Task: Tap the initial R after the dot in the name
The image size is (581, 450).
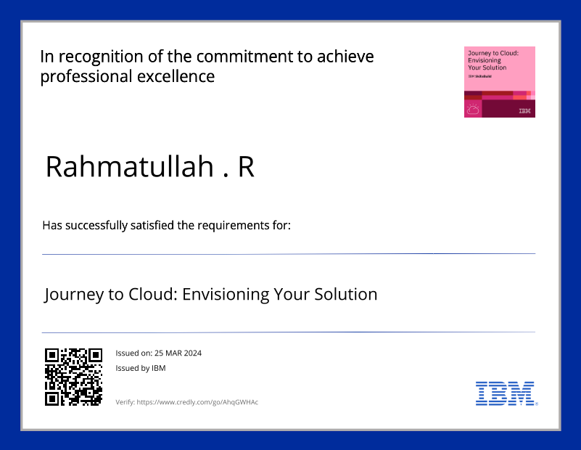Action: click(x=246, y=167)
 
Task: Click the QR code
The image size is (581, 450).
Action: click(x=73, y=376)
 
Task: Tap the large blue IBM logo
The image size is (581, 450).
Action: click(x=505, y=393)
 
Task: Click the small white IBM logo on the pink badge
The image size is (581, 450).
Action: click(x=525, y=111)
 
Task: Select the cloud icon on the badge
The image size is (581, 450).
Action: click(x=473, y=110)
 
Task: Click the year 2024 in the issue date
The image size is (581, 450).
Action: click(x=192, y=353)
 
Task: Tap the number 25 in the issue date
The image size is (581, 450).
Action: click(x=159, y=353)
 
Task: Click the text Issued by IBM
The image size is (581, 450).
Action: click(x=141, y=368)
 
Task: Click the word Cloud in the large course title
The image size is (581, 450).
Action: click(x=153, y=294)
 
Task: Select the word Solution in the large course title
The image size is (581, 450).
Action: click(x=346, y=294)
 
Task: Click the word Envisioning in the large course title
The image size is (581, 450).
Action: click(x=226, y=294)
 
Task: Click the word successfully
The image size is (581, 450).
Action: click(x=96, y=226)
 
